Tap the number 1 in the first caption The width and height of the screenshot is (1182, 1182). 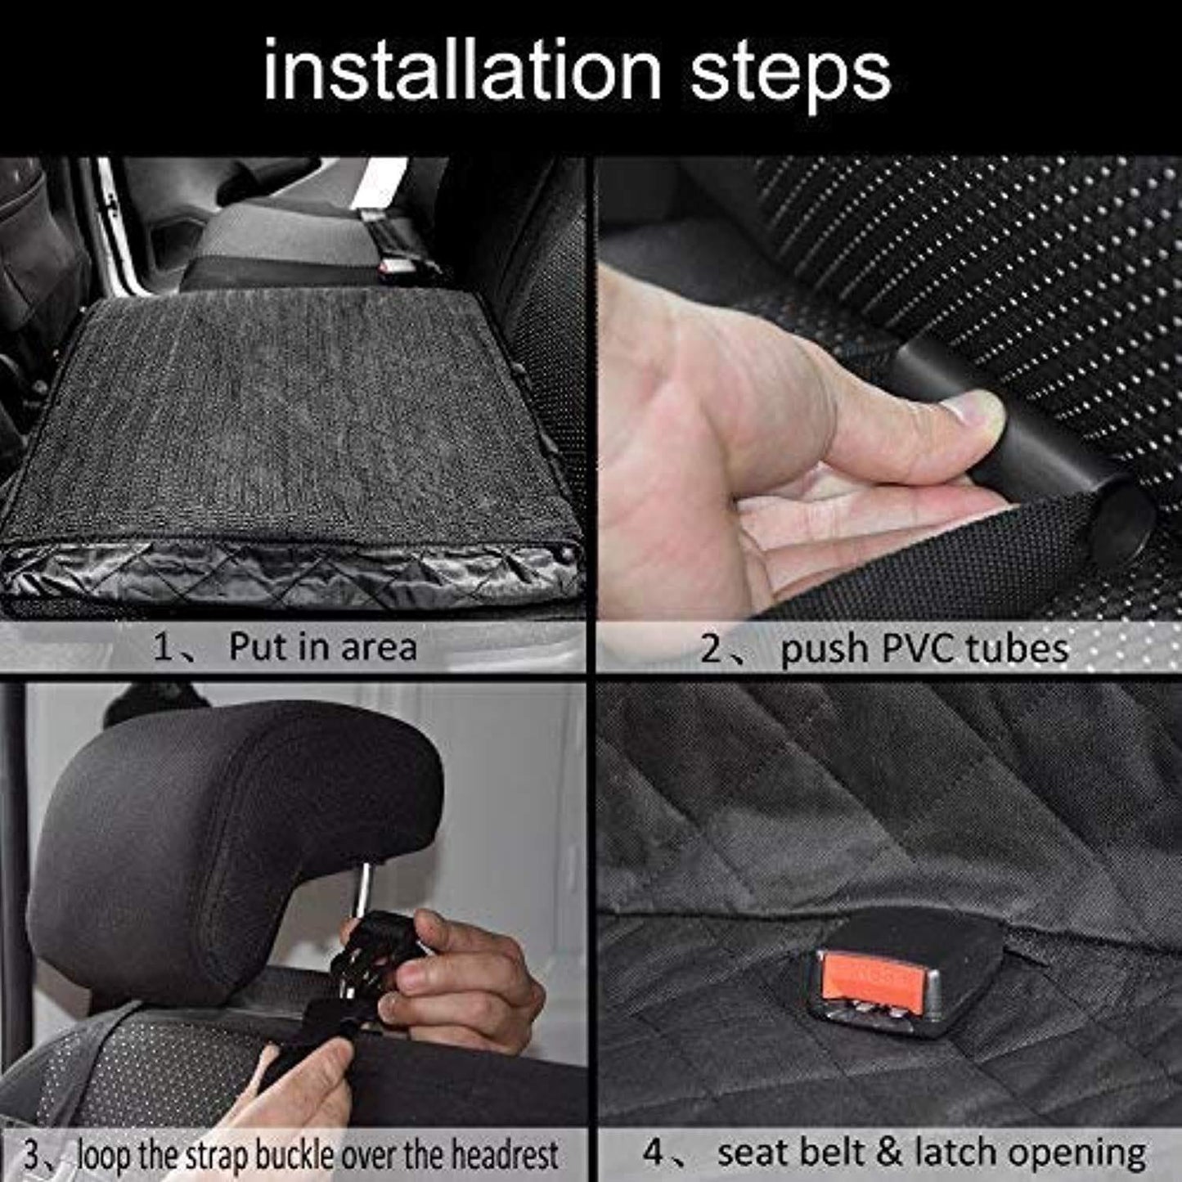[163, 648]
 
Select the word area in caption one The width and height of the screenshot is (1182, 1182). [379, 648]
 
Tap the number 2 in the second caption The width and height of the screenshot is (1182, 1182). [712, 649]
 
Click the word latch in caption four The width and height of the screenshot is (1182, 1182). [956, 1153]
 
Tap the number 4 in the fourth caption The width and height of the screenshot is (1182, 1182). [654, 1153]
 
